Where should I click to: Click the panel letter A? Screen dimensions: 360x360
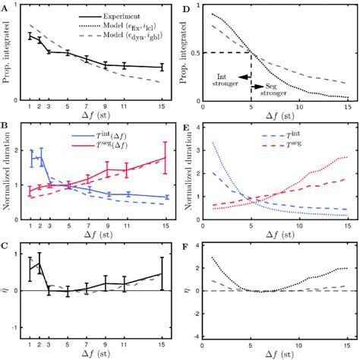(x=5, y=7)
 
